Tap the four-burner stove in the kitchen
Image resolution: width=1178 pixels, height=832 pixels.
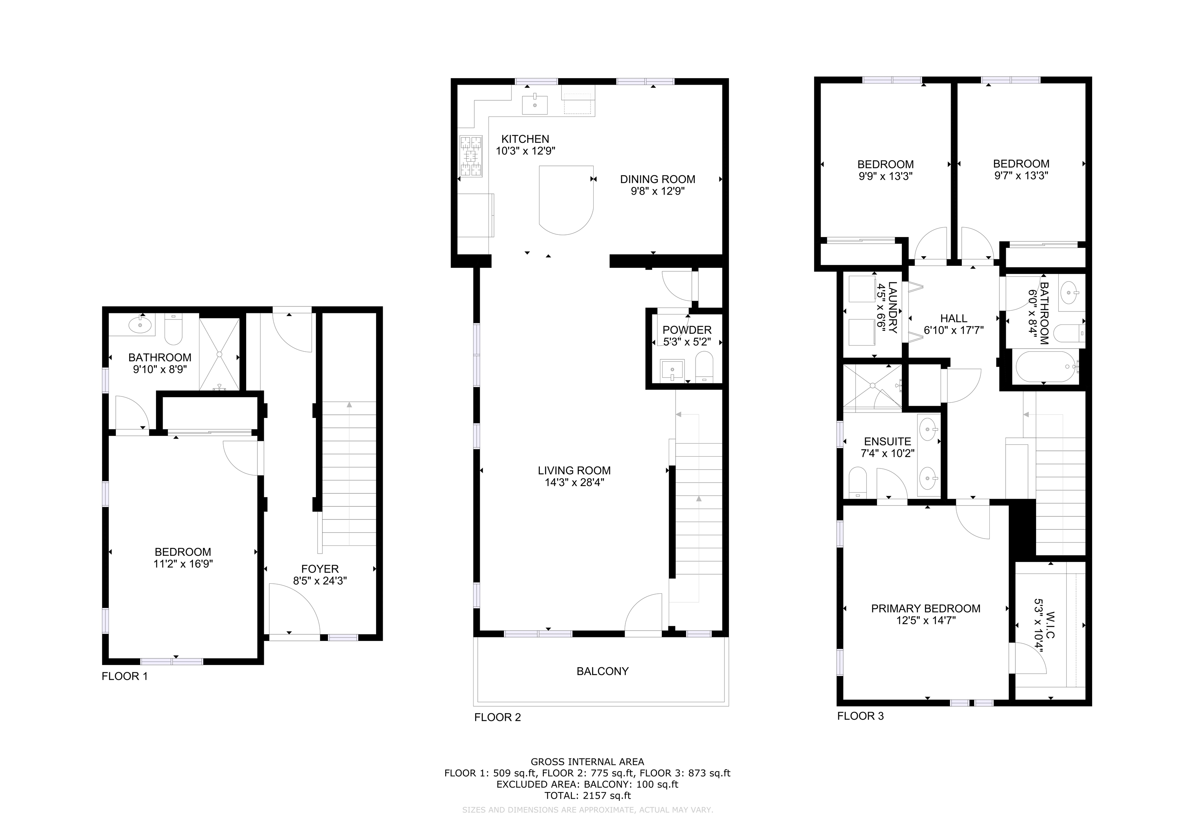tap(471, 156)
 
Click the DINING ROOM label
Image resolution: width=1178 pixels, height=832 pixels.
tap(657, 179)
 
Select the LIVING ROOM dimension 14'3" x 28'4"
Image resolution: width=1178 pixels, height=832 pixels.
tap(574, 482)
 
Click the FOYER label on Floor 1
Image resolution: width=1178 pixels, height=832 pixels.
tap(320, 569)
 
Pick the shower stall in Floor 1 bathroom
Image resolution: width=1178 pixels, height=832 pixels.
tap(219, 353)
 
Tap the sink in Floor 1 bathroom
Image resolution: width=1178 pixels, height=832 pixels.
tap(140, 324)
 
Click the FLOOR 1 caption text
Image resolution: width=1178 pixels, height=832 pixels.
tap(125, 676)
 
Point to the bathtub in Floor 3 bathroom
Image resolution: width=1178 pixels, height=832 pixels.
tap(1046, 367)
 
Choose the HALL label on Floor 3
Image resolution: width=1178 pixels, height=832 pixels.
tap(953, 318)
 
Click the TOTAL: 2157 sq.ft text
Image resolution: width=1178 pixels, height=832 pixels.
tap(587, 796)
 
